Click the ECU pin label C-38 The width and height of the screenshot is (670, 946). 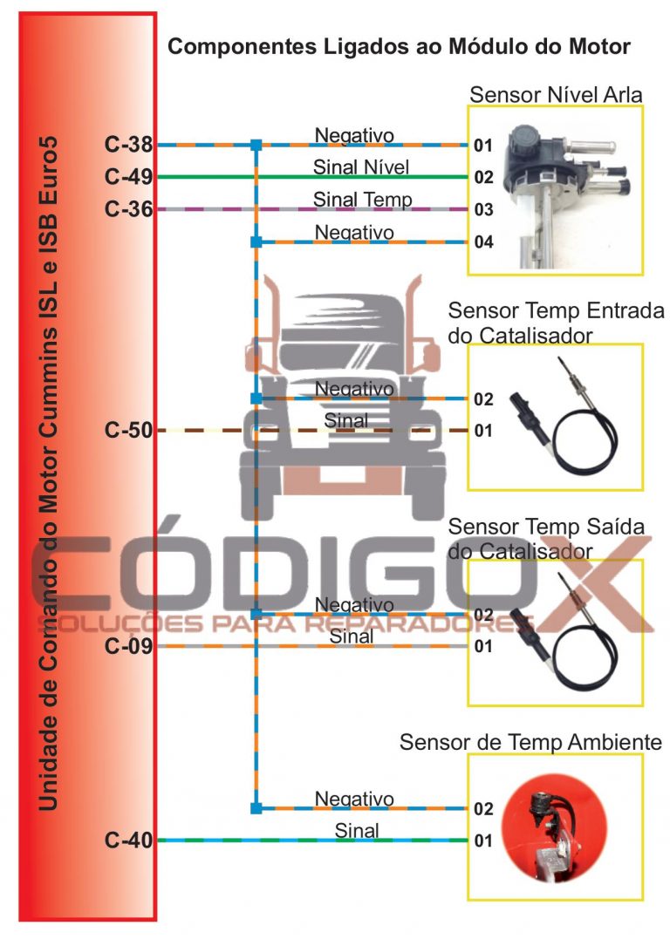(x=128, y=144)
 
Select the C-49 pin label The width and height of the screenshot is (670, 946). (x=128, y=177)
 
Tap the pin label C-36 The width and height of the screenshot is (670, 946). (x=128, y=208)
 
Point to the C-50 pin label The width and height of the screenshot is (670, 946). (x=128, y=430)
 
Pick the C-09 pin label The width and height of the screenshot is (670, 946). (x=128, y=646)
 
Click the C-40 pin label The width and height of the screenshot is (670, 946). (x=128, y=840)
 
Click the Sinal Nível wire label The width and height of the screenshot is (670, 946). (x=361, y=167)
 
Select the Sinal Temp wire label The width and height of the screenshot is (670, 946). (x=362, y=200)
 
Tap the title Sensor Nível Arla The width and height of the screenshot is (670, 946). (x=556, y=95)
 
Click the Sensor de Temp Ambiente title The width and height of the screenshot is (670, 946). (x=530, y=742)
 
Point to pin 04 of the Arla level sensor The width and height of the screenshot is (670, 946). (x=483, y=242)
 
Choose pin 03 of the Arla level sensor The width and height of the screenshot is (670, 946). (x=483, y=209)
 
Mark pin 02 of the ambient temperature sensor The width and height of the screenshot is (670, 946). (x=483, y=808)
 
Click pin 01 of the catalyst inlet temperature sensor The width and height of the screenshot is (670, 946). (x=483, y=431)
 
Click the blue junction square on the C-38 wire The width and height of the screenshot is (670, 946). (x=256, y=145)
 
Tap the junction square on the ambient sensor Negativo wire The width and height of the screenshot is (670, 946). (x=256, y=808)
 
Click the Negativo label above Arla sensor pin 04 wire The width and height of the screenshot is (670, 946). (x=354, y=232)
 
